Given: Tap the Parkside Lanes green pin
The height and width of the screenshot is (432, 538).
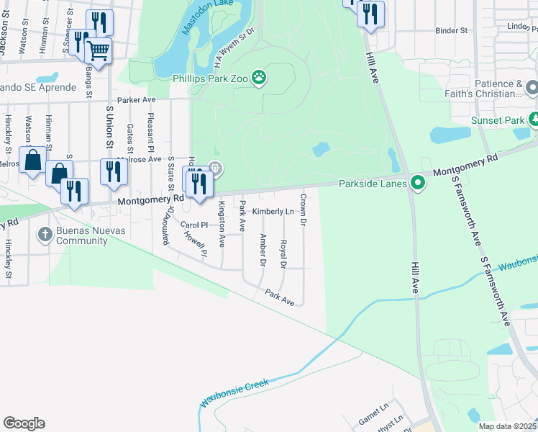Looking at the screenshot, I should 416,183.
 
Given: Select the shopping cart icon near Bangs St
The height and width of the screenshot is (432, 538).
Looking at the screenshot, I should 97,50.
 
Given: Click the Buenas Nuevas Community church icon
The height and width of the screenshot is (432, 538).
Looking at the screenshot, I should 45,235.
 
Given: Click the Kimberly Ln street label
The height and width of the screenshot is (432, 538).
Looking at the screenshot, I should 273,212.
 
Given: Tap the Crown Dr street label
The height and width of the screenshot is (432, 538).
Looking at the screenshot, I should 304,209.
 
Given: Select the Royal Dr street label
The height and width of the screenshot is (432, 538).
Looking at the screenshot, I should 283,255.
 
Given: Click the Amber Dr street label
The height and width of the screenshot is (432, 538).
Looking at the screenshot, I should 263,250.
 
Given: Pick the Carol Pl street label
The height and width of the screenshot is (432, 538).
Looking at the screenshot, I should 193,225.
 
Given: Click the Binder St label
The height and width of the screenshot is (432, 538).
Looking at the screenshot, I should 452,31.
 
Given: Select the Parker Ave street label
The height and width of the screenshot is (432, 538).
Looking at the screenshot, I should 137,100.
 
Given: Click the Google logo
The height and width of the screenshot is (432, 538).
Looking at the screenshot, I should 24,423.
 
